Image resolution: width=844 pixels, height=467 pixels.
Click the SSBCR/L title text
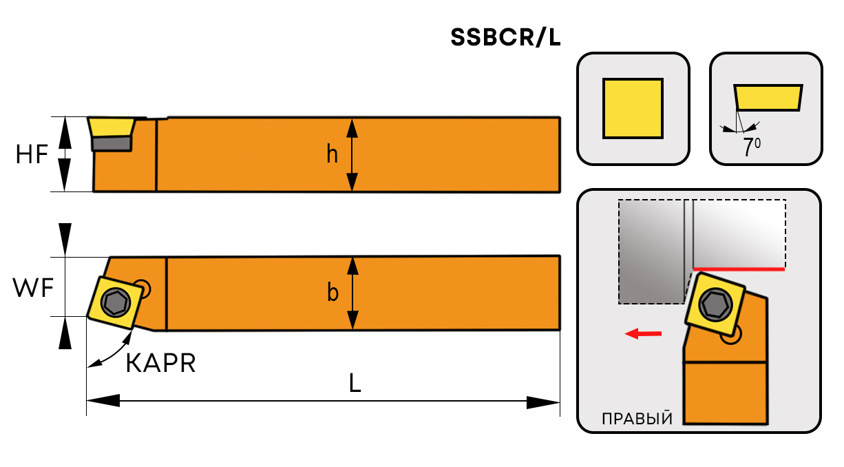click(x=505, y=38)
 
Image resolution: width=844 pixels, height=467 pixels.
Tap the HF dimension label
click(x=32, y=155)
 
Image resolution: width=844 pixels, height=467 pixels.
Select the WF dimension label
click(x=33, y=288)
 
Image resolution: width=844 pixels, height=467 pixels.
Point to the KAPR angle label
click(x=161, y=363)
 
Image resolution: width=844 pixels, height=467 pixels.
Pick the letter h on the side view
click(x=333, y=155)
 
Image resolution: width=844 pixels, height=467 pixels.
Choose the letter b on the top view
click(x=333, y=293)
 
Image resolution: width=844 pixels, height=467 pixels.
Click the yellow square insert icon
click(x=633, y=109)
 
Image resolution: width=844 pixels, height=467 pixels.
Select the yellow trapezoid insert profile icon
click(x=768, y=97)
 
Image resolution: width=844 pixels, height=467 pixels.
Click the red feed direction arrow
click(x=643, y=334)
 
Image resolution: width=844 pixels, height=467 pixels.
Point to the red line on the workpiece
click(x=738, y=269)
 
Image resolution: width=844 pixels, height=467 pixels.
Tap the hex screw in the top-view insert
click(x=113, y=300)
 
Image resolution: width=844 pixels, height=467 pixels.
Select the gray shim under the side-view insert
click(x=112, y=143)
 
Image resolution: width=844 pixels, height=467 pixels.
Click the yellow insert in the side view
click(x=111, y=127)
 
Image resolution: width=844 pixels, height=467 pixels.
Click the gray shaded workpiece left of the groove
click(x=651, y=251)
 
